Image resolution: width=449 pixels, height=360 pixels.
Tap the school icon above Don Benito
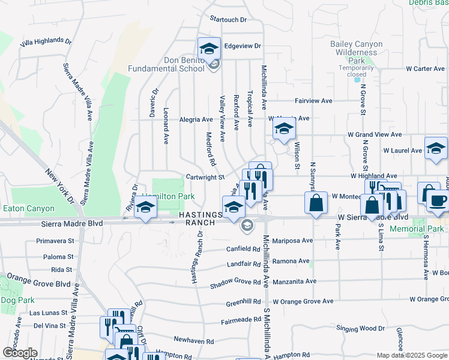pyautogui.click(x=209, y=49)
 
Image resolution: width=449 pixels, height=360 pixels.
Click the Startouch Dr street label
pyautogui.click(x=228, y=20)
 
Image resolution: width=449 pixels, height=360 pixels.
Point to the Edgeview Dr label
pyautogui.click(x=243, y=46)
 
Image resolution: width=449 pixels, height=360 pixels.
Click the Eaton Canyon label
pyautogui.click(x=28, y=209)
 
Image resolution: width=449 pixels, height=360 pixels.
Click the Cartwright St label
pyautogui.click(x=205, y=177)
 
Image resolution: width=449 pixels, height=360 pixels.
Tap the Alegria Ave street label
pyautogui.click(x=196, y=119)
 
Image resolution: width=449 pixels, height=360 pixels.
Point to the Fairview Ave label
pyautogui.click(x=313, y=101)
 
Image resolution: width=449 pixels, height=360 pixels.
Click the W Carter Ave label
pyautogui.click(x=423, y=69)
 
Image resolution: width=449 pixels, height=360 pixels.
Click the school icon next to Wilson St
pyautogui.click(x=284, y=128)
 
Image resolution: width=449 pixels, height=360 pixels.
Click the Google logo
pyautogui.click(x=19, y=353)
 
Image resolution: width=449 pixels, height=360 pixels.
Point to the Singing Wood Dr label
pyautogui.click(x=360, y=328)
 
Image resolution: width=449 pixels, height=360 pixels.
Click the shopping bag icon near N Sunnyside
pyautogui.click(x=315, y=203)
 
